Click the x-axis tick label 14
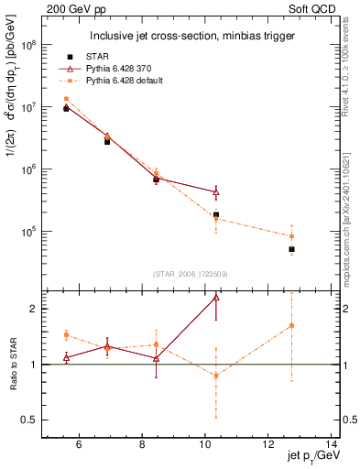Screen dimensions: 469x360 coord(332,445)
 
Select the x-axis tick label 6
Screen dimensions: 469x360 coord(79,445)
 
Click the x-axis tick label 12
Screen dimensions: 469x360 coord(268,445)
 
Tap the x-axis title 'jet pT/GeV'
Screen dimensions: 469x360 coord(311,457)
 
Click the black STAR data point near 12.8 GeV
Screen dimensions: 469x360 coord(291,249)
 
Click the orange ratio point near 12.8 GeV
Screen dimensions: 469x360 coord(291,325)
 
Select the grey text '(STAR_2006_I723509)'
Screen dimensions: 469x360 coord(190,274)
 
